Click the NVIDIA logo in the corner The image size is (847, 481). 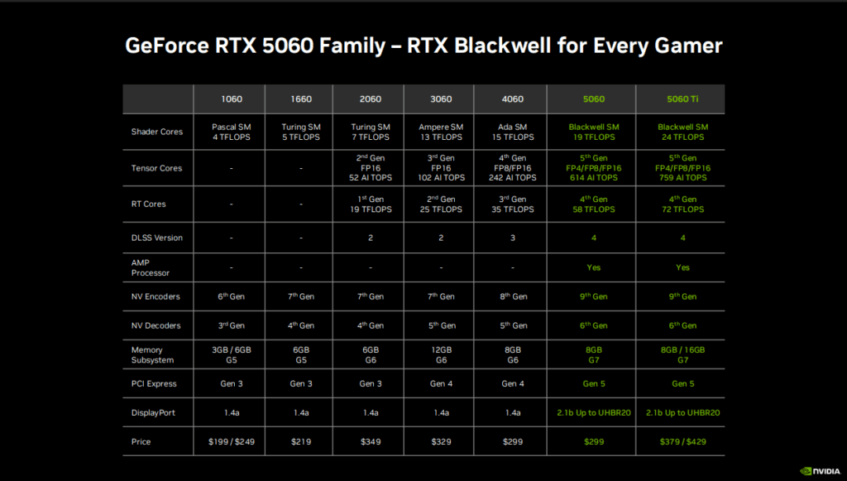(820, 471)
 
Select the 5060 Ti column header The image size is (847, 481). (682, 99)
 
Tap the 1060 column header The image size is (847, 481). (232, 99)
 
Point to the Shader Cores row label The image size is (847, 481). (156, 132)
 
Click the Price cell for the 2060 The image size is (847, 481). (371, 441)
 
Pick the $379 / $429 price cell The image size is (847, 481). (682, 441)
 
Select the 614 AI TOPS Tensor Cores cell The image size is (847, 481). (594, 167)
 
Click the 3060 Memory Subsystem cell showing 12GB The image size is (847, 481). (441, 354)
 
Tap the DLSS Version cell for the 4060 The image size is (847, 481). (513, 238)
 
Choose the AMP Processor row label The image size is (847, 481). (151, 267)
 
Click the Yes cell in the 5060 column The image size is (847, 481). (594, 267)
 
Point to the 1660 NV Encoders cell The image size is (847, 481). (301, 296)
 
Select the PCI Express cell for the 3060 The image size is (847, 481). (441, 383)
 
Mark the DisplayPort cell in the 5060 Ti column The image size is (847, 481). (682, 413)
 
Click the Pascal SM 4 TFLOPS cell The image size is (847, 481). (232, 132)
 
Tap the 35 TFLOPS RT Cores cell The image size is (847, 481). (513, 204)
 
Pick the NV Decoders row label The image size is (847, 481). (156, 325)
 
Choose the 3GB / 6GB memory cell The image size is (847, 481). (232, 354)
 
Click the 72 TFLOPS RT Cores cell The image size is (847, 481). (682, 204)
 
